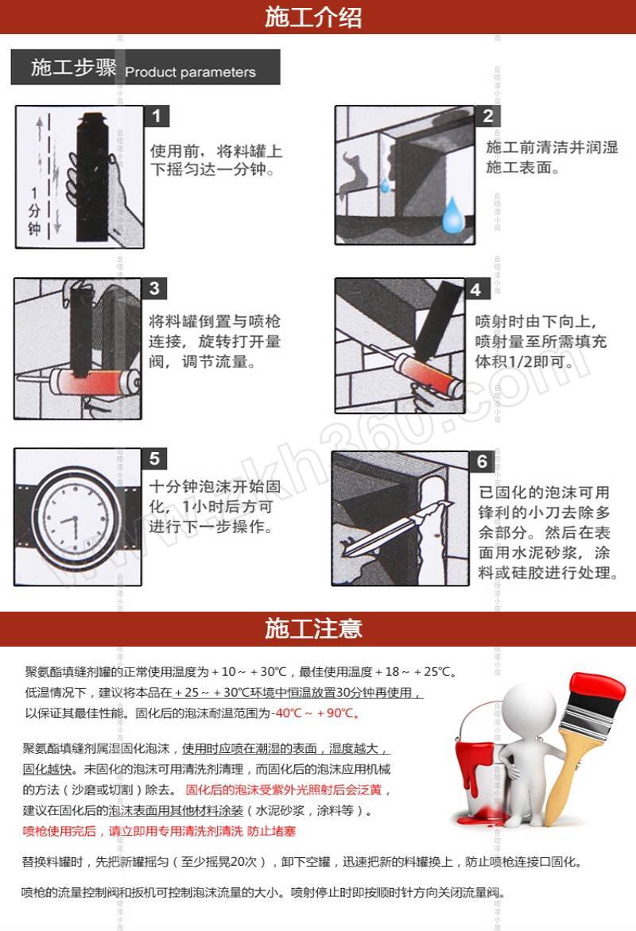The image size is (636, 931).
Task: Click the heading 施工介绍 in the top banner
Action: click(x=313, y=17)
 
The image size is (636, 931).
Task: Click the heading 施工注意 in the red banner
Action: click(x=313, y=628)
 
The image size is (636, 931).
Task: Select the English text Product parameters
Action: click(x=190, y=72)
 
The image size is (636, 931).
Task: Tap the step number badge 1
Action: click(x=157, y=116)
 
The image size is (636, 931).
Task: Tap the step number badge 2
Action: click(x=488, y=116)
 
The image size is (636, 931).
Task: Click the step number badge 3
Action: click(x=154, y=288)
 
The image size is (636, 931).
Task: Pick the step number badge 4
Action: click(x=476, y=290)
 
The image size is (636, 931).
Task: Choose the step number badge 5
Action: click(x=154, y=458)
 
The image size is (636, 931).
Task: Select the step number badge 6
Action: click(x=482, y=462)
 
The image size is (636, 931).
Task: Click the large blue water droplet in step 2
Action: click(x=453, y=215)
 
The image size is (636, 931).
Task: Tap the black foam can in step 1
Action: click(x=92, y=177)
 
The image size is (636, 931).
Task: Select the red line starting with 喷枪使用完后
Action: click(x=159, y=831)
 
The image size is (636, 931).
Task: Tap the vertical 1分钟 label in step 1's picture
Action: click(x=34, y=211)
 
